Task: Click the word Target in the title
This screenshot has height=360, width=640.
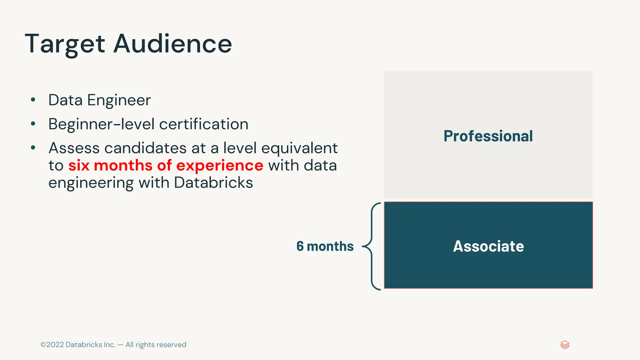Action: click(x=65, y=44)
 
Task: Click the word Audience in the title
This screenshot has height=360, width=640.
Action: click(x=172, y=43)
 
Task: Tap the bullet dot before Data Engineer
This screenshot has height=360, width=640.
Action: click(x=33, y=100)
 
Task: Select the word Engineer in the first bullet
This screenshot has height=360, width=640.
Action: click(x=119, y=101)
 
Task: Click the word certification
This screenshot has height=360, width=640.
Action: click(x=204, y=124)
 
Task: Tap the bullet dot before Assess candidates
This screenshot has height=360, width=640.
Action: click(x=33, y=148)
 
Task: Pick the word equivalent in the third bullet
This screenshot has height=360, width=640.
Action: click(x=299, y=148)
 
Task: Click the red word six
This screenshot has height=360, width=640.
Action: click(x=79, y=165)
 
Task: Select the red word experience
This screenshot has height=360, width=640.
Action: click(x=220, y=166)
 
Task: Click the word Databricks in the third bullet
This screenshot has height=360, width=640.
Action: click(x=213, y=182)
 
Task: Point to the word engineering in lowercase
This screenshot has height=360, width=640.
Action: click(x=91, y=183)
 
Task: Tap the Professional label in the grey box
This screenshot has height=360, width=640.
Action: click(x=488, y=136)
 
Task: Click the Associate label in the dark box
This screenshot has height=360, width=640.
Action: click(x=488, y=246)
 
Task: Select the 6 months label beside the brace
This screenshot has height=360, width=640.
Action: click(x=325, y=246)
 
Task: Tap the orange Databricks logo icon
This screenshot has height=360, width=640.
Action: click(x=565, y=345)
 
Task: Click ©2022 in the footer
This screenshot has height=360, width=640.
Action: click(x=52, y=345)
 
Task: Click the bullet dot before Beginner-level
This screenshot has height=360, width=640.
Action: click(x=33, y=124)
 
